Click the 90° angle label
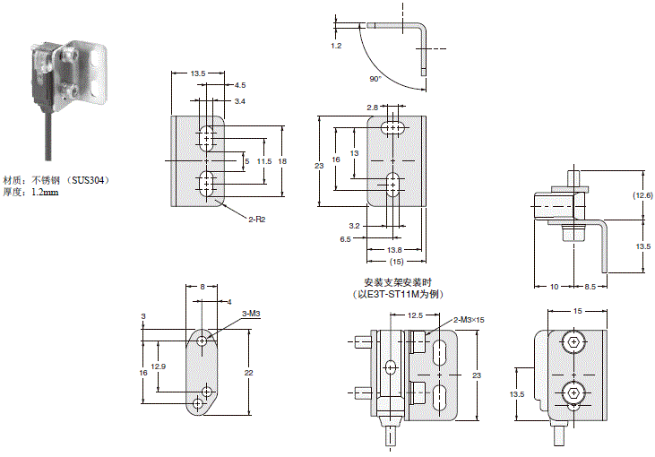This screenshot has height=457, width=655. pos(375,79)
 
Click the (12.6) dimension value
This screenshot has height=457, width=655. pos(642,194)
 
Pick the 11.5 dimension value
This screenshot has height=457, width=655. pos(263,161)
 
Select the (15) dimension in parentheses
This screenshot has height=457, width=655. pos(394,262)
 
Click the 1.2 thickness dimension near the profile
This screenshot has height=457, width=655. pos(336,44)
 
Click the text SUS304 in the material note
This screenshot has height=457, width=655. pos(89,179)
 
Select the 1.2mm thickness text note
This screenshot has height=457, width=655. pos(45,192)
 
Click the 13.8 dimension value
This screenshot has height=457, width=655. pos(394,250)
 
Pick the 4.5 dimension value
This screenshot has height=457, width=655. pos(240,85)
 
